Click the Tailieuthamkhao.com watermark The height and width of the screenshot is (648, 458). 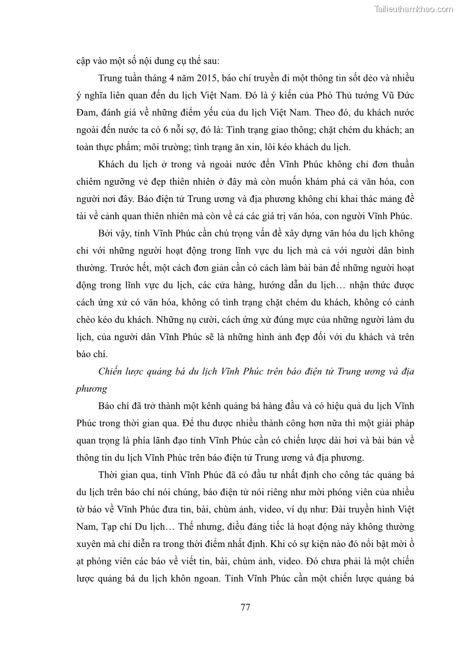[x=414, y=9]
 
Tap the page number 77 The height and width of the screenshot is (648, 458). [x=245, y=607]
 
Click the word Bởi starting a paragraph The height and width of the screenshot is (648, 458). [x=107, y=233]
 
